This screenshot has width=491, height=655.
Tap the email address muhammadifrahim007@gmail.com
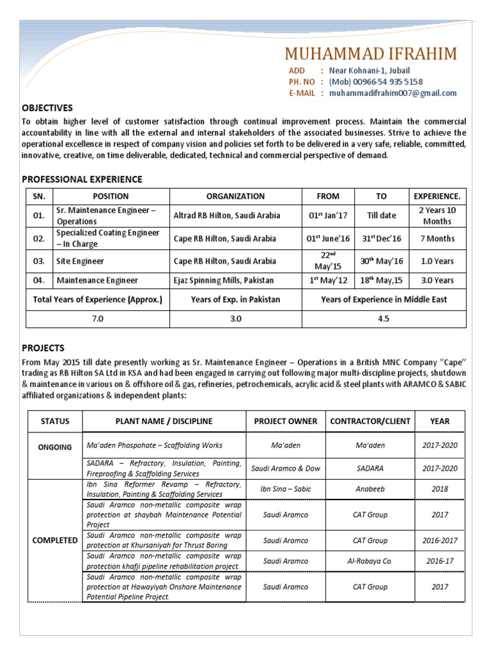pos(393,93)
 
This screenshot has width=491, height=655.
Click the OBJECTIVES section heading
pos(47,108)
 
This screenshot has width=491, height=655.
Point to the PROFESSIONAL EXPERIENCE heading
pos(82,179)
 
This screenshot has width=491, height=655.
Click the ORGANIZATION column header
pos(235,196)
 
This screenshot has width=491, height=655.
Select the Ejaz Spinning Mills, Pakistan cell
pos(223,280)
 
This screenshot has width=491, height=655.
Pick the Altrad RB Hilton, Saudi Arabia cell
pos(226,216)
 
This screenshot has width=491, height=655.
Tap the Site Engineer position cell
pos(80,261)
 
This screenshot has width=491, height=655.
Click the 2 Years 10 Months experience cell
pos(437,216)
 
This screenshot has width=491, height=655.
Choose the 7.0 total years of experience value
pos(97,319)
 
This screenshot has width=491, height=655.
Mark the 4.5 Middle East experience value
pos(384,319)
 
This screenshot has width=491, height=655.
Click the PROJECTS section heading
pos(43,349)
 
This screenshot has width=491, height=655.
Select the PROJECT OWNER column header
pos(285,421)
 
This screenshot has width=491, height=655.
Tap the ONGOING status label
pos(55,447)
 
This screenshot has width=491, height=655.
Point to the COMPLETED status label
pos(55,540)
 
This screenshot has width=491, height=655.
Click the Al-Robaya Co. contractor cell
pos(370,561)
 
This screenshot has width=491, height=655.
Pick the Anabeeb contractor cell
pos(370,489)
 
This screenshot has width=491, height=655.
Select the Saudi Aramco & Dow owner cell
pos(285,468)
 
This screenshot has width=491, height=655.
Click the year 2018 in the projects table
pos(440,489)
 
